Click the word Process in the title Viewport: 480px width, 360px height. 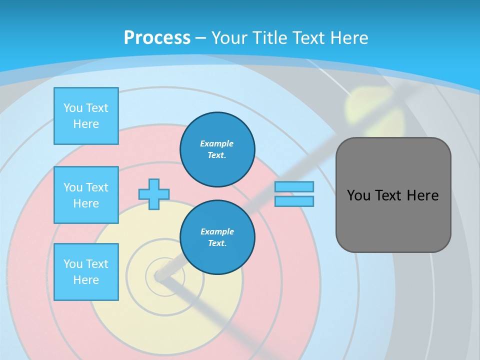point(157,38)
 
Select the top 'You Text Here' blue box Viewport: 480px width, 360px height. point(86,116)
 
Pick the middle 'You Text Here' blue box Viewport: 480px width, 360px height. point(86,195)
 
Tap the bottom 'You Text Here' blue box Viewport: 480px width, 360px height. point(86,272)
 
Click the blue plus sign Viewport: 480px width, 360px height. point(154,194)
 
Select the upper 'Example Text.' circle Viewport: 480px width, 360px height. point(217,149)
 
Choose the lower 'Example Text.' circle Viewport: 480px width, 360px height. point(217,237)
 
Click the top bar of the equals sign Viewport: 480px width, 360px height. point(294,186)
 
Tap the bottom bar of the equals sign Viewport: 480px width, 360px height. point(294,201)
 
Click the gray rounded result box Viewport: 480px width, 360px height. point(393,220)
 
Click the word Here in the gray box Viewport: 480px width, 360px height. point(422,195)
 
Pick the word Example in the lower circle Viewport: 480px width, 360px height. point(217,231)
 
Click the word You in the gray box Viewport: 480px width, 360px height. point(358,195)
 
